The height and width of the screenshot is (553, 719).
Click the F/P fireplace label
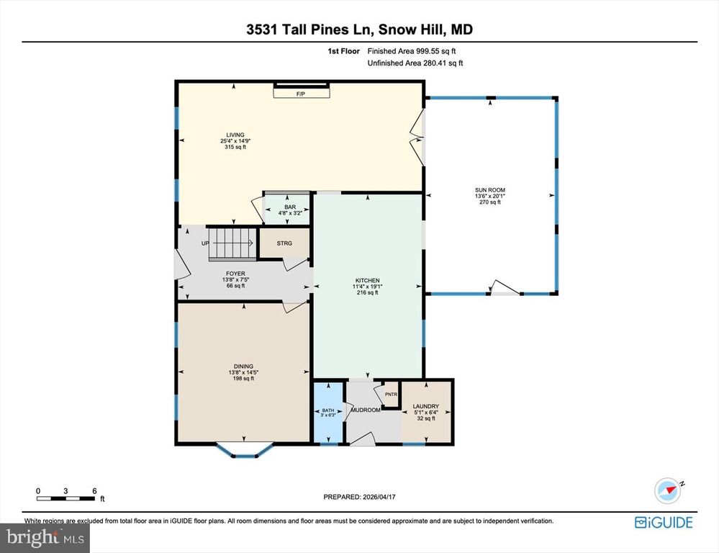pyautogui.click(x=301, y=94)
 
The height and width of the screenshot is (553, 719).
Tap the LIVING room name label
pyautogui.click(x=235, y=135)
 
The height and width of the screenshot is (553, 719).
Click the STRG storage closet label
pyautogui.click(x=284, y=243)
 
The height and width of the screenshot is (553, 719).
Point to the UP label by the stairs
pyautogui.click(x=205, y=243)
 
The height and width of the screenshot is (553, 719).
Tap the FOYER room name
pyautogui.click(x=235, y=274)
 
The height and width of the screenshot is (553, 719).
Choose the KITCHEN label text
pyautogui.click(x=367, y=281)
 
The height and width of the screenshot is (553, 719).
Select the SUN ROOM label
pyautogui.click(x=489, y=189)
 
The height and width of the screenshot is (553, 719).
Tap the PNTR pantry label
pyautogui.click(x=391, y=395)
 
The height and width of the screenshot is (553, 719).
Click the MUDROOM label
pyautogui.click(x=365, y=410)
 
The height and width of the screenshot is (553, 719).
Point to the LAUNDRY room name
pyautogui.click(x=425, y=407)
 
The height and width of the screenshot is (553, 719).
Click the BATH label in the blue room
pyautogui.click(x=327, y=410)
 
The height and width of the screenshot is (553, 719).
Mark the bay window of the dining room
pyautogui.click(x=245, y=451)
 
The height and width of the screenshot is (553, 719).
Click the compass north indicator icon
pyautogui.click(x=667, y=490)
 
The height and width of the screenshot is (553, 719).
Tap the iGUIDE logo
pyautogui.click(x=664, y=522)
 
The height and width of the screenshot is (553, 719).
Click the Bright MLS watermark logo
pyautogui.click(x=45, y=536)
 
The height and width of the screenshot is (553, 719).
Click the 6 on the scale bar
pyautogui.click(x=94, y=490)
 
